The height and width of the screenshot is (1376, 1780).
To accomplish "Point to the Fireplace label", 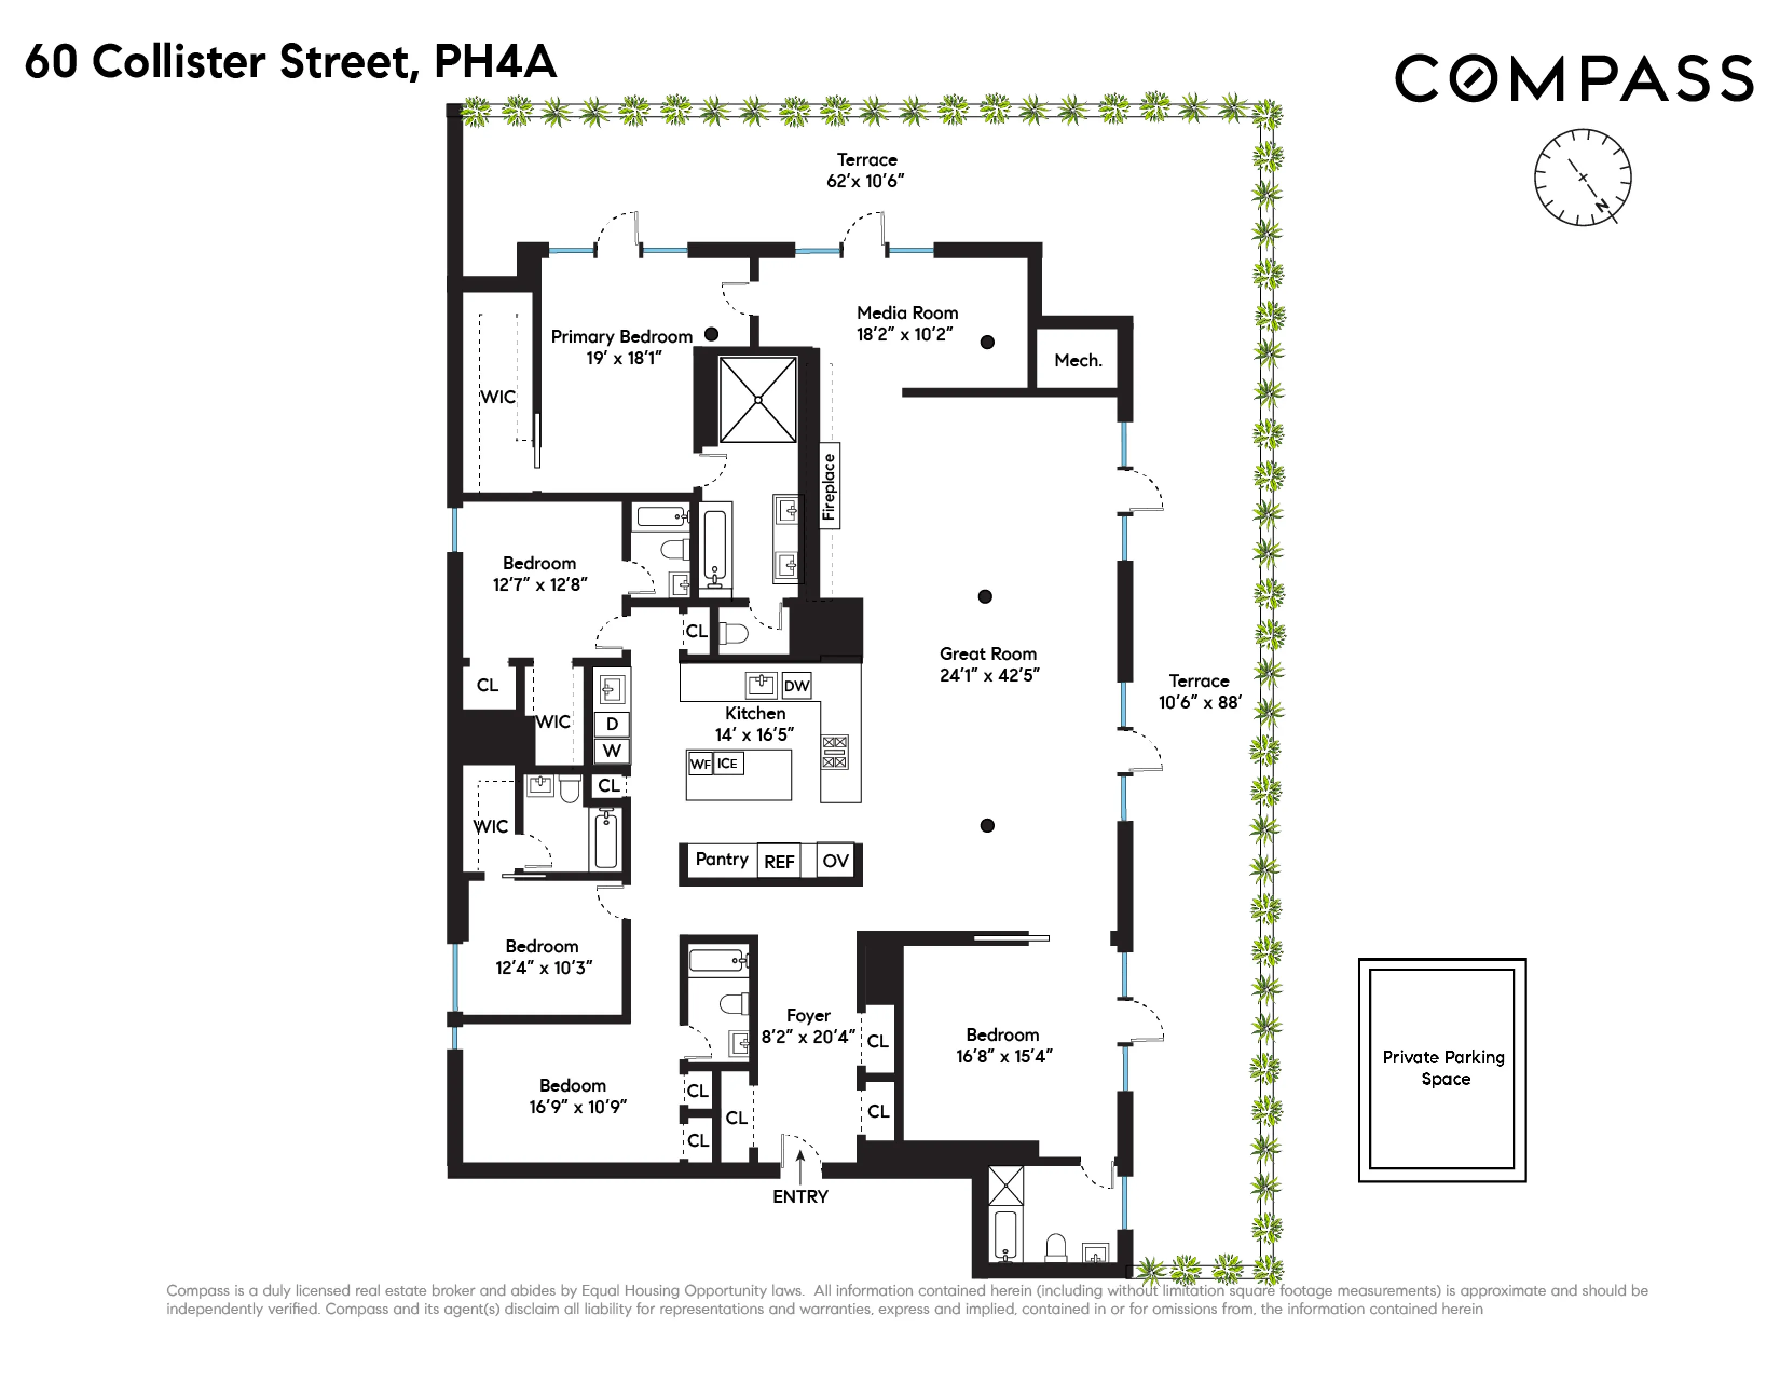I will click(x=829, y=487).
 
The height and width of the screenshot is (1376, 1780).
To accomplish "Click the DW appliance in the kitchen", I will click(x=796, y=685).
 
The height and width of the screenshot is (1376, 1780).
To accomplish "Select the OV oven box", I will click(x=836, y=861).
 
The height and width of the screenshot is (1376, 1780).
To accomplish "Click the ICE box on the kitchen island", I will click(x=728, y=764).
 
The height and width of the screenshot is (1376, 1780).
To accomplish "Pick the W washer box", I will click(x=612, y=751).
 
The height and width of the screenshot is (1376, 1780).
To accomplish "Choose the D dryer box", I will click(x=612, y=724).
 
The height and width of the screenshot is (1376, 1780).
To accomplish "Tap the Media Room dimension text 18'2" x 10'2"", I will click(x=904, y=334).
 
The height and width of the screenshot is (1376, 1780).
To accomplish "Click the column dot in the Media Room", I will click(x=987, y=342).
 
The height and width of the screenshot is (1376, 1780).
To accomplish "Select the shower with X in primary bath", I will click(x=758, y=399).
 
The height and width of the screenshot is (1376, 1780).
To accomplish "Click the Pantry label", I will click(x=721, y=859).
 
